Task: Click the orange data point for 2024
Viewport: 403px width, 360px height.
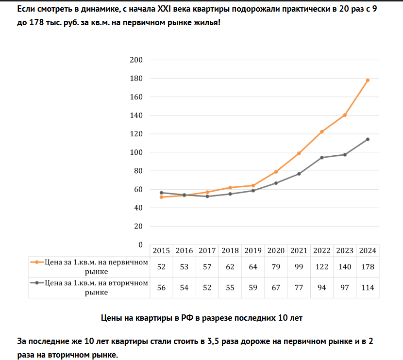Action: point(368,80)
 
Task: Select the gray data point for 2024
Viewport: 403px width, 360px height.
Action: point(368,139)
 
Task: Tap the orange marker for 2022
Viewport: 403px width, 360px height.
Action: point(322,131)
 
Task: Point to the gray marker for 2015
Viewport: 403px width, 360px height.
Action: point(161,193)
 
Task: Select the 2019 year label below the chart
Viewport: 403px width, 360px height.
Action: point(253,251)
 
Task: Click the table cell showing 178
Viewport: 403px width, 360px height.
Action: point(368,266)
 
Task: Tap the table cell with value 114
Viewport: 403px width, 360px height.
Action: point(368,288)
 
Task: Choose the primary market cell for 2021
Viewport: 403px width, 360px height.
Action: point(299,266)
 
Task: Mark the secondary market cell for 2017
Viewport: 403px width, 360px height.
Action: point(207,288)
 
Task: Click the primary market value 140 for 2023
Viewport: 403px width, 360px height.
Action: point(345,266)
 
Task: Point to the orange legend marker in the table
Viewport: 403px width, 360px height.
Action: point(37,262)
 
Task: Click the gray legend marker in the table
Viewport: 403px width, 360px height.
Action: point(37,283)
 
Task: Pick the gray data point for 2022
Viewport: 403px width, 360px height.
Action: point(322,157)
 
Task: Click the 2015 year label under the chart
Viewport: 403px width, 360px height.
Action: point(161,251)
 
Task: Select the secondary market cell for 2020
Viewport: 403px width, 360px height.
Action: point(276,288)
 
